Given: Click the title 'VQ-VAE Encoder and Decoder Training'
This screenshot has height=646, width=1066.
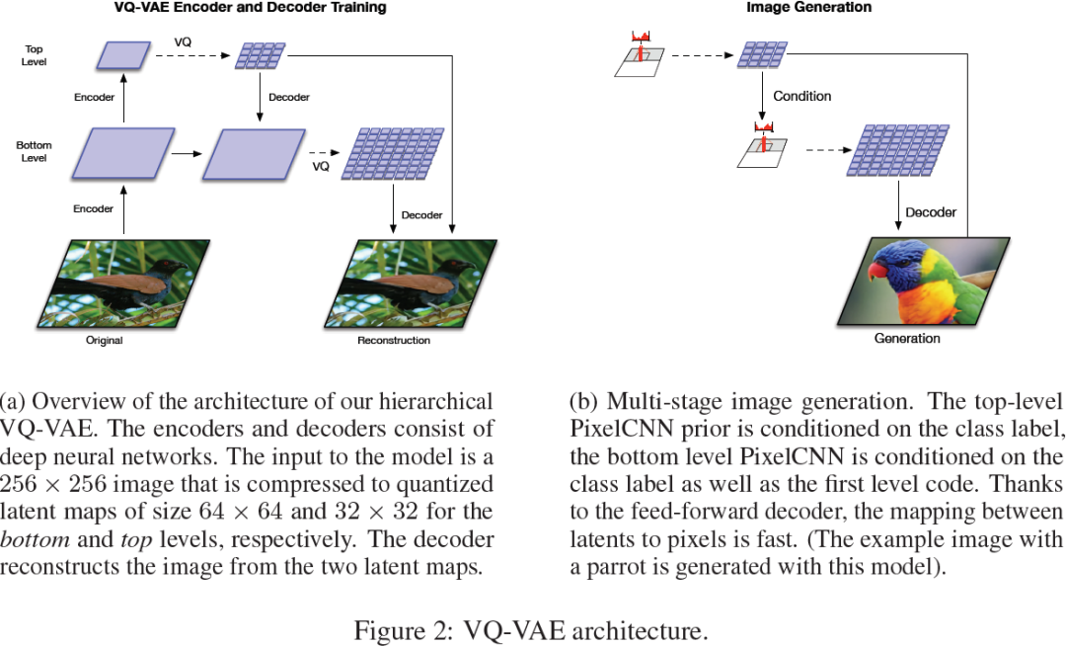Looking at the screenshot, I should (x=250, y=8).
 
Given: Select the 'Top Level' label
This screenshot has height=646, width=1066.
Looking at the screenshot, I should (x=34, y=55).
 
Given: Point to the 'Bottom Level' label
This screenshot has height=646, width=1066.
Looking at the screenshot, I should (x=34, y=151).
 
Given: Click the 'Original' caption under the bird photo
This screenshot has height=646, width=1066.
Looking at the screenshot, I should (x=104, y=341).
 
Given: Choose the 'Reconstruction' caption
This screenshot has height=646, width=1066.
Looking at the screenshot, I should (x=393, y=341).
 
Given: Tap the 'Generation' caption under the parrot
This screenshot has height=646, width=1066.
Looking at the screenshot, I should (x=906, y=339).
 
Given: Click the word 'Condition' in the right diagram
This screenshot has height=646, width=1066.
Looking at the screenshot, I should (x=801, y=97).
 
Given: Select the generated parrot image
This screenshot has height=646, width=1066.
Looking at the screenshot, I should (x=922, y=282).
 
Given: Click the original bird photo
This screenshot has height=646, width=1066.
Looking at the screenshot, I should (x=123, y=283).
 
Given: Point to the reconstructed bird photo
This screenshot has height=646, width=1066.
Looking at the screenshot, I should (x=410, y=283).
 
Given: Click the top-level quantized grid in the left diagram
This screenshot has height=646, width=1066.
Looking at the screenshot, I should (x=260, y=56).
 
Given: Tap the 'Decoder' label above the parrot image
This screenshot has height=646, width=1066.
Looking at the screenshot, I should (x=930, y=212).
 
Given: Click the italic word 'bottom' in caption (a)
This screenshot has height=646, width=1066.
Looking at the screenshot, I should (x=31, y=540).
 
